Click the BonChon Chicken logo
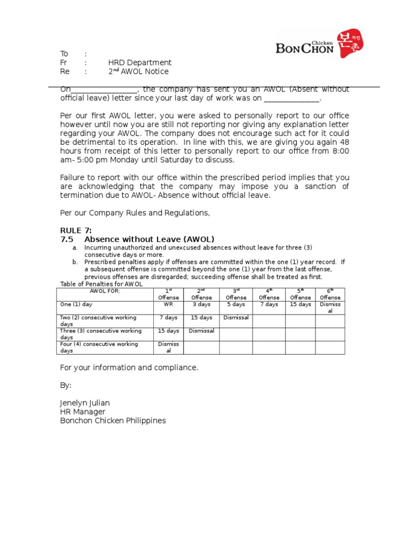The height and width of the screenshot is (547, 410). coord(319,45)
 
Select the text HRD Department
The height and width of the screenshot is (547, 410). coord(140,62)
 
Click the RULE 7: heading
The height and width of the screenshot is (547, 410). coord(76,230)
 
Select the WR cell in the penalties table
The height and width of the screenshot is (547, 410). coord(168,304)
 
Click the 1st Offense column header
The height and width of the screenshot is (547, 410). coord(168,294)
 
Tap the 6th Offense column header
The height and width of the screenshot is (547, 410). coord(330,294)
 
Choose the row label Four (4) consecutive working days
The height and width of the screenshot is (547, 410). coord(99,347)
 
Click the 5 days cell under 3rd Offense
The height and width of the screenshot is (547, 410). coord(235,304)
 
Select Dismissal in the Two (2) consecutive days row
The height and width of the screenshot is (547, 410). coord(235,318)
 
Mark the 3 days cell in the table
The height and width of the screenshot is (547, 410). coord(201,304)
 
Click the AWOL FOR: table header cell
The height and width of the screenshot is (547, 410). coord(105,291)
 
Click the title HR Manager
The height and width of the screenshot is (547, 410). coord(83,412)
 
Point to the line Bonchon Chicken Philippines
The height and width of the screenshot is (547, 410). coord(113,421)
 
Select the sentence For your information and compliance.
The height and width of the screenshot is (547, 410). coord(129,368)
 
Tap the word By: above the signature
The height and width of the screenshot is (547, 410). coord(66,386)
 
